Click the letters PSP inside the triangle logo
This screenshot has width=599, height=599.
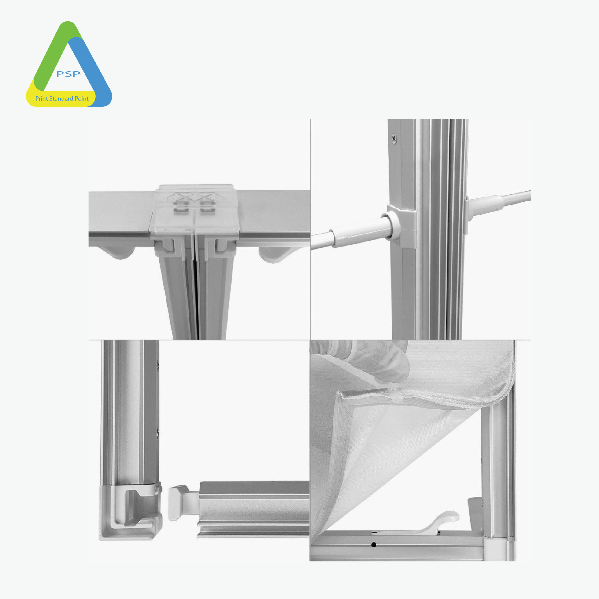click(68, 74)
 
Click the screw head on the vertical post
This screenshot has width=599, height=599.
click(394, 138)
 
